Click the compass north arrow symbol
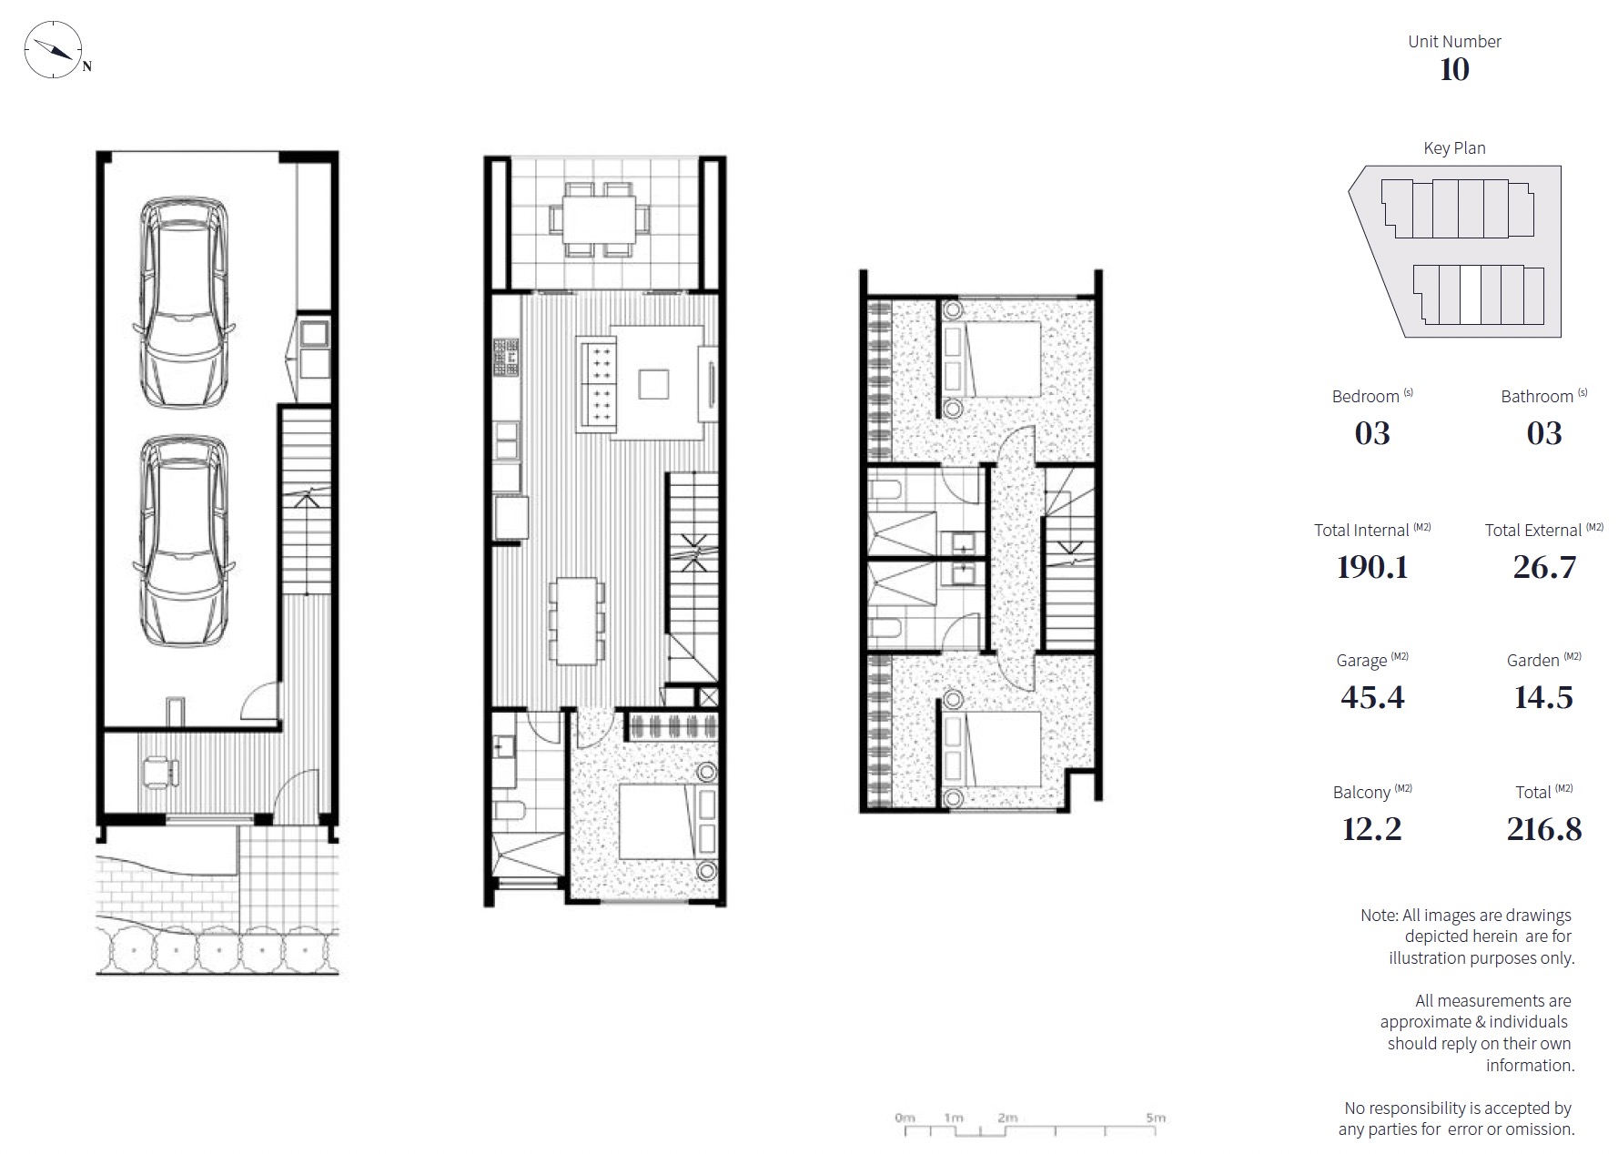coord(53,48)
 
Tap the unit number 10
coord(1454,70)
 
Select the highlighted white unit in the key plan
coord(1471,295)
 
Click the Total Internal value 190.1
coord(1372,567)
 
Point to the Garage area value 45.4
coord(1372,697)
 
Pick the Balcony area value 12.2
coord(1371,829)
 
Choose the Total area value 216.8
coord(1544,829)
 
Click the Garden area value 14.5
coord(1543,697)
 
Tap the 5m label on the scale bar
coord(1156,1118)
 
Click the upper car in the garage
coord(184,300)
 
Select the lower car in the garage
coord(184,542)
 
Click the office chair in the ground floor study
coord(160,772)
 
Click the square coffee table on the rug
coord(653,383)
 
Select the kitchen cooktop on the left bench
coord(506,358)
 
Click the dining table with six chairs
coord(577,621)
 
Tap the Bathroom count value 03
coord(1543,433)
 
